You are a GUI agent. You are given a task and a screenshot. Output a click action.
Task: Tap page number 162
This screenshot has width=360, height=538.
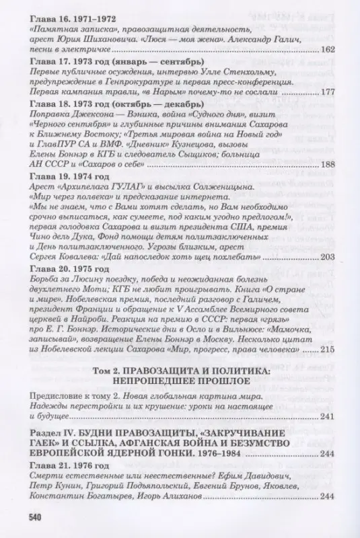[x=328, y=50]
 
